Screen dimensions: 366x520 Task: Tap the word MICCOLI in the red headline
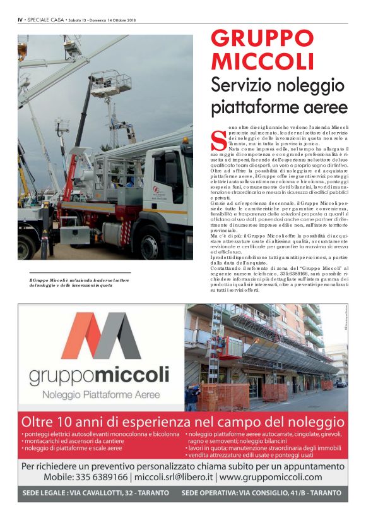point(263,61)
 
